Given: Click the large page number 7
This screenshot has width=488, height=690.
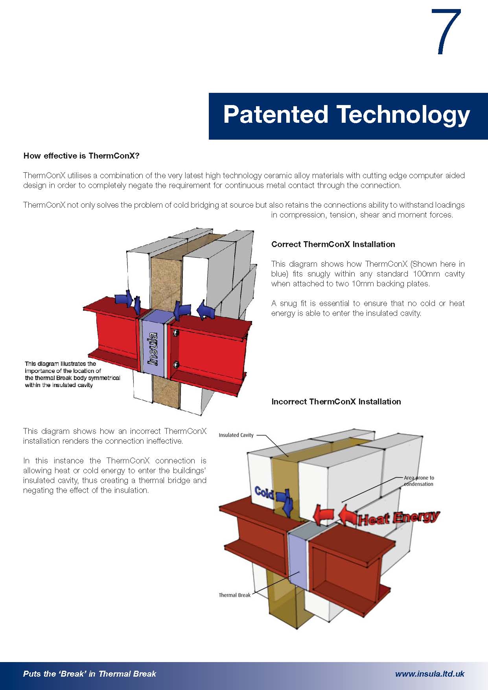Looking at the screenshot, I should (x=447, y=32).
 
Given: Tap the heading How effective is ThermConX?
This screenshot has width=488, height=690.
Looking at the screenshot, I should (x=81, y=156).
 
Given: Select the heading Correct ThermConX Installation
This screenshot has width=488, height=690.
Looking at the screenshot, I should (x=333, y=244).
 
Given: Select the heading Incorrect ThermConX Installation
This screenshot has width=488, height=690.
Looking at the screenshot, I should (x=336, y=402).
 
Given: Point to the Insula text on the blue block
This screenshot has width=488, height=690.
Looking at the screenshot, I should (x=153, y=348).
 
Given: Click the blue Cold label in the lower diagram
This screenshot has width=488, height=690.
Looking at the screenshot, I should (x=264, y=492).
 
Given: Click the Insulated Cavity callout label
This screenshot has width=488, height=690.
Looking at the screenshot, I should (x=236, y=435).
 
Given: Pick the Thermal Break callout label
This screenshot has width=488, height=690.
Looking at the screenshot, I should (x=234, y=595).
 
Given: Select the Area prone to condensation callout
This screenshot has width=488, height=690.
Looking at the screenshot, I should (x=419, y=481).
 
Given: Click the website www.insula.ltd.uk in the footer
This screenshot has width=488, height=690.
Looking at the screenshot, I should (x=429, y=674).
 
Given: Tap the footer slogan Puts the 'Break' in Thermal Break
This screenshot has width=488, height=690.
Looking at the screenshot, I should (x=90, y=674).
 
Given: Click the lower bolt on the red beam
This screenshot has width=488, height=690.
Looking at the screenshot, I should (x=176, y=363).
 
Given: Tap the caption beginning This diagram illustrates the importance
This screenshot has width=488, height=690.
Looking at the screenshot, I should (x=72, y=375).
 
